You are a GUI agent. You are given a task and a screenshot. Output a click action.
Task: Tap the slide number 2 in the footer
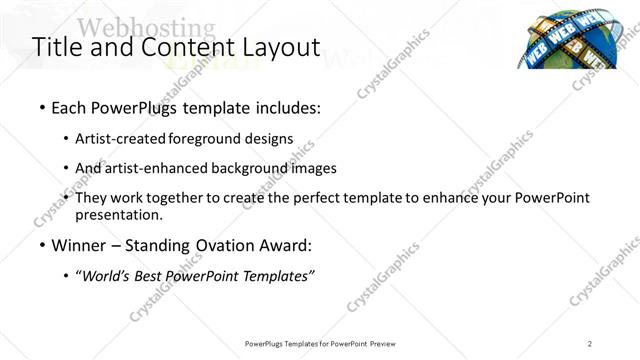point(590,344)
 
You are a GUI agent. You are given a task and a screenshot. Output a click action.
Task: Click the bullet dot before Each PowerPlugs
point(42,107)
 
